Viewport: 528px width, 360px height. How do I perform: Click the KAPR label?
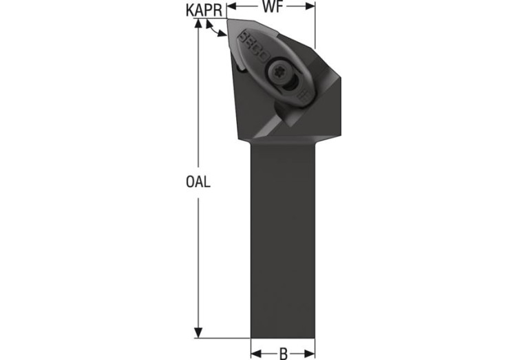204,10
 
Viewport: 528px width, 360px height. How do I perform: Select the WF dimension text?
273,7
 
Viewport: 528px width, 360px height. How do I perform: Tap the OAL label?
198,182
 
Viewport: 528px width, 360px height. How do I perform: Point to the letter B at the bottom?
284,354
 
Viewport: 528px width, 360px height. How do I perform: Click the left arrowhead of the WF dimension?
233,6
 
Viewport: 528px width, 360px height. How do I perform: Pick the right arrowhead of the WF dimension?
310,6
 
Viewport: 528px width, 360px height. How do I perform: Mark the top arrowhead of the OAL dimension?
198,24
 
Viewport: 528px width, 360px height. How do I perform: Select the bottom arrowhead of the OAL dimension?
198,332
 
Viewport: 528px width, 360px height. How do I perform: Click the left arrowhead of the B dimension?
256,354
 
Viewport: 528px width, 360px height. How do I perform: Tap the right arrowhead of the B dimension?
310,354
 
